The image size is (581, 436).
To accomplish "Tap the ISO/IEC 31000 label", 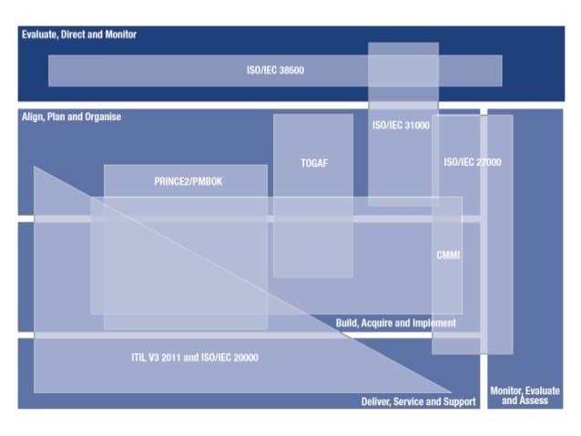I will pyautogui.click(x=401, y=126).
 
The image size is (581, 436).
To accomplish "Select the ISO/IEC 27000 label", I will pyautogui.click(x=472, y=162).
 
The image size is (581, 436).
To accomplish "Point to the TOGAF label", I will pyautogui.click(x=313, y=164).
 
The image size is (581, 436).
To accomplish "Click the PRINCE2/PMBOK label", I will pyautogui.click(x=189, y=181).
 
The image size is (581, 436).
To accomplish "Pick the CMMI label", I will pyautogui.click(x=448, y=255).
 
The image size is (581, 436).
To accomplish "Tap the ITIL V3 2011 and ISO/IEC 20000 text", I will pyautogui.click(x=194, y=357).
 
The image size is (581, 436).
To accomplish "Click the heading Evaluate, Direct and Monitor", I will pyautogui.click(x=79, y=35).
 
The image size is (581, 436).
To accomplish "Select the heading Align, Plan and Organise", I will pyautogui.click(x=71, y=117).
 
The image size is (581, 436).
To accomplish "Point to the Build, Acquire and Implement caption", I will pyautogui.click(x=395, y=323).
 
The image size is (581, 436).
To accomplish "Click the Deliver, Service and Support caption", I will pyautogui.click(x=418, y=401).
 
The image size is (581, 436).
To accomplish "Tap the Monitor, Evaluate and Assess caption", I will pyautogui.click(x=525, y=396).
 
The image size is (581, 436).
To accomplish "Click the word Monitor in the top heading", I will pyautogui.click(x=118, y=35).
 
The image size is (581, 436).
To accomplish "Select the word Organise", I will pyautogui.click(x=101, y=117).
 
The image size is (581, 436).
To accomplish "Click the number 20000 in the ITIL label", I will pyautogui.click(x=241, y=357).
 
